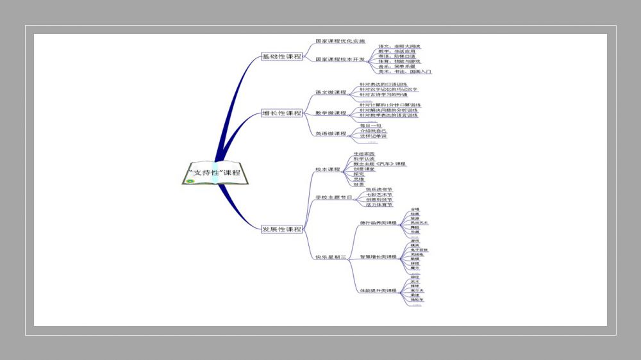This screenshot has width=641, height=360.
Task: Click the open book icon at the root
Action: pos(214,172)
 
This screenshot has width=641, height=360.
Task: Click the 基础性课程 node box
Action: pos(281,57)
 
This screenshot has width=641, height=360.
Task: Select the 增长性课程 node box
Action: pos(281,113)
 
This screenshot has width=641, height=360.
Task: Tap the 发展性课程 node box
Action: pos(281,229)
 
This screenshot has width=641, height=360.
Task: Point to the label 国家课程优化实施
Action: pos(340,41)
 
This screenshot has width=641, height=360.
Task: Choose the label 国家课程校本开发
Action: pos(340,59)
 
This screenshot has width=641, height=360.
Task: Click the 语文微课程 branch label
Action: pos(331,92)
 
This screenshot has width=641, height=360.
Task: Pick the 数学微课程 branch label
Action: pos(331,113)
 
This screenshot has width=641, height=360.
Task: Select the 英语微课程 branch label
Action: pos(331,133)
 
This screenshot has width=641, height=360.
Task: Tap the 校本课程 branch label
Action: pos(328,170)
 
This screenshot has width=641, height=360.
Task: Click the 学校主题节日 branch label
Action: pos(334,197)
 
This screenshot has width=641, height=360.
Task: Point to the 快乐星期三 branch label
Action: pos(331,257)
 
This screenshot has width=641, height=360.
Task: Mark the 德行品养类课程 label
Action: pos(378,223)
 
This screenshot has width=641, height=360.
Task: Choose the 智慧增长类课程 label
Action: pos(378,257)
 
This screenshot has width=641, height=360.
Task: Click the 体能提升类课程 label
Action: pos(378,291)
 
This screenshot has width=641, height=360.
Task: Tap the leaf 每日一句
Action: pos(370,126)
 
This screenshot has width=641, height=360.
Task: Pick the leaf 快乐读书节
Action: pos(379,190)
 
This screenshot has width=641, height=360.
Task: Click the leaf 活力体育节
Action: pos(379,205)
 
